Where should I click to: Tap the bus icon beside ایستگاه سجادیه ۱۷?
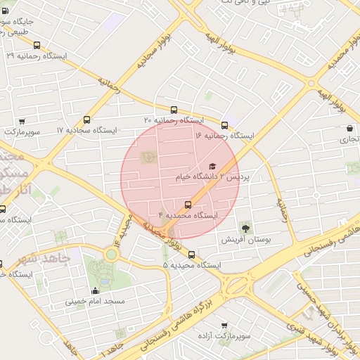(x=87, y=120)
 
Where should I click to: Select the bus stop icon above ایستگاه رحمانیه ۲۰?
(x=174, y=110)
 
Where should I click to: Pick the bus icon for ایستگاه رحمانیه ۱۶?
(x=224, y=124)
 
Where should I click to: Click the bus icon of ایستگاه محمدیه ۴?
(x=177, y=204)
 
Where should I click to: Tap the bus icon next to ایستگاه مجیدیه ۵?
(x=192, y=255)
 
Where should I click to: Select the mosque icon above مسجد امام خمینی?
(x=96, y=290)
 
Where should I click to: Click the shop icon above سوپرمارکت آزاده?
(x=224, y=326)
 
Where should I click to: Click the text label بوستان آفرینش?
(x=246, y=240)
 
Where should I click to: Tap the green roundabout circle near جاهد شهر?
(x=111, y=254)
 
